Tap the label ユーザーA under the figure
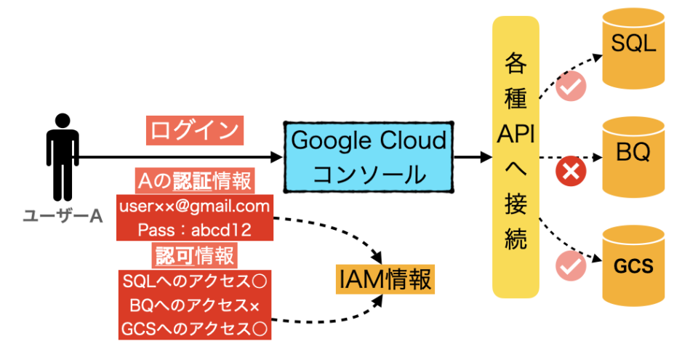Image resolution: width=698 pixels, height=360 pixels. point(61,215)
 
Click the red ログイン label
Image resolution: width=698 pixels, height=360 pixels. point(194,130)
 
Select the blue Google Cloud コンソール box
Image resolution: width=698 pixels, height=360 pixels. point(368,157)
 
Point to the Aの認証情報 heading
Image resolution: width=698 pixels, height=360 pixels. point(194,180)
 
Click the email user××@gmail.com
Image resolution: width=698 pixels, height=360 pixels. point(194,206)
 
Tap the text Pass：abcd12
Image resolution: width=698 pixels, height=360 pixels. point(194,230)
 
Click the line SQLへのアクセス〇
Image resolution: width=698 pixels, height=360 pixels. point(194,280)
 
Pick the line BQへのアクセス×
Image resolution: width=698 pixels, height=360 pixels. point(194,304)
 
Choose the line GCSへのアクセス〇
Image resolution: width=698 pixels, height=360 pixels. point(194,328)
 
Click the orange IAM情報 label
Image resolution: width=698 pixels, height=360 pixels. point(385,279)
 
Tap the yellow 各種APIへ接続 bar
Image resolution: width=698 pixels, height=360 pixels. point(516,156)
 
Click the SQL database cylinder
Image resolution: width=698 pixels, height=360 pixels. point(633,47)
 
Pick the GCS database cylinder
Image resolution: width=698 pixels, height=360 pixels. point(633,265)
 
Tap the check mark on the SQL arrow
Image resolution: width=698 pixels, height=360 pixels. point(571,87)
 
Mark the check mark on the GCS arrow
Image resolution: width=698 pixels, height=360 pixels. point(571,267)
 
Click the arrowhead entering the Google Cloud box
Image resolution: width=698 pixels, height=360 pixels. point(277,157)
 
